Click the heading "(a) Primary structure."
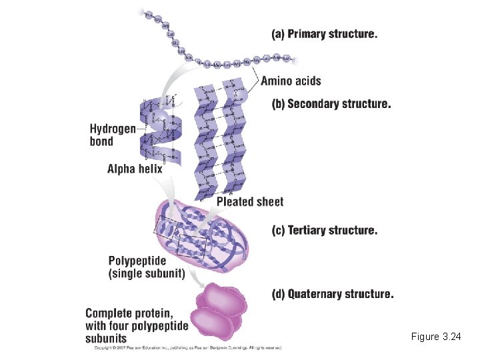324,34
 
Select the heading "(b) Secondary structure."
331,104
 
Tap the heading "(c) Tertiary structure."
324,231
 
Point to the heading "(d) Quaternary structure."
332,294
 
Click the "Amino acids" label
291,81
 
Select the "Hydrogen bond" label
112,135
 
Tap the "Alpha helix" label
135,169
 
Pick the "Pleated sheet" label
250,201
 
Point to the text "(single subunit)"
146,273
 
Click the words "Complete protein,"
129,313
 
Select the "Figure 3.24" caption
436,337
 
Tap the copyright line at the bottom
187,347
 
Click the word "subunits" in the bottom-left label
106,339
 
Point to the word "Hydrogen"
112,129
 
